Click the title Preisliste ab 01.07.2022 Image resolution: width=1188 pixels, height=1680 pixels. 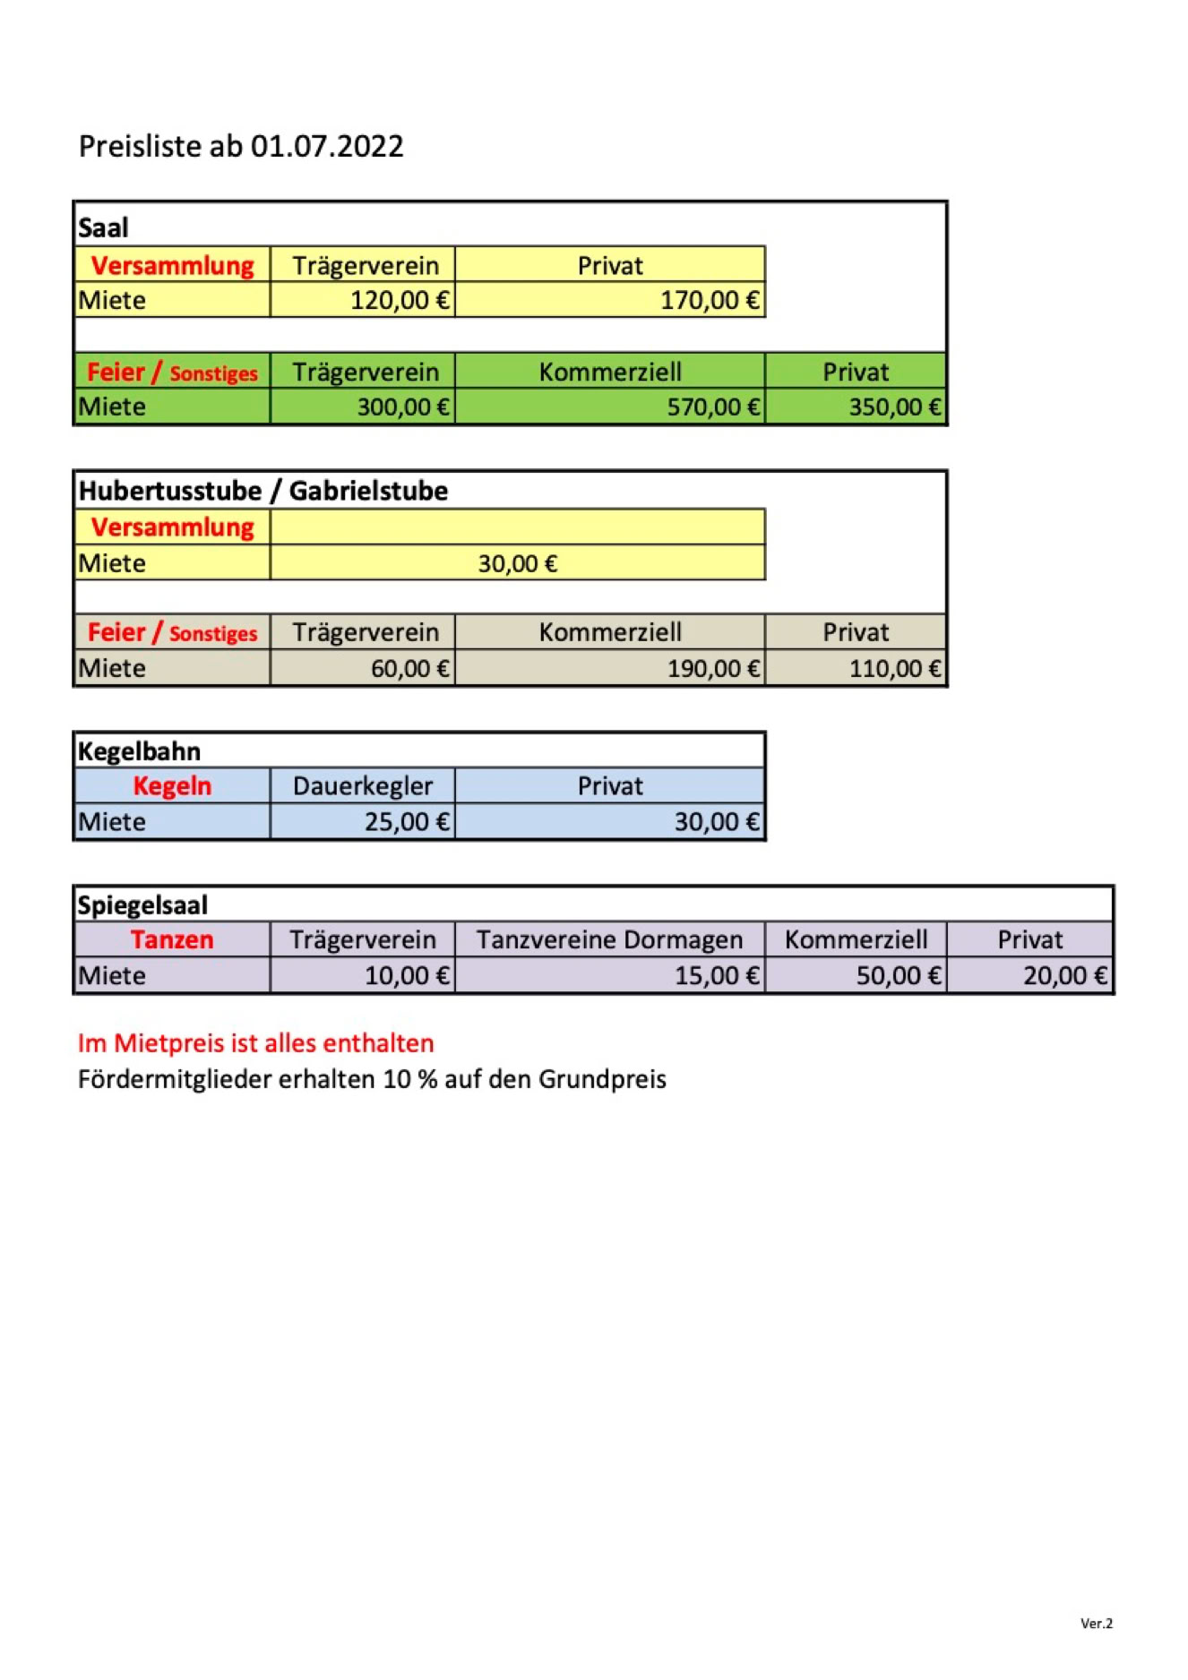pyautogui.click(x=241, y=146)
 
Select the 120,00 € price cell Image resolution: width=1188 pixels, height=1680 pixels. pyautogui.click(x=399, y=300)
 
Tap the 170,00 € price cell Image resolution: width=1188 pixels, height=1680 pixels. pyautogui.click(x=709, y=300)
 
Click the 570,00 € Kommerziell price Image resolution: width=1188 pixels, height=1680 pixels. pyautogui.click(x=712, y=407)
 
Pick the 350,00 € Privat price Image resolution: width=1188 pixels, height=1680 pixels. pyautogui.click(x=894, y=407)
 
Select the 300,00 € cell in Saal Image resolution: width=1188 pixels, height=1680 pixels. pyautogui.click(x=402, y=407)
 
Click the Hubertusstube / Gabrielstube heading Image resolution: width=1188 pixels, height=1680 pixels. pyautogui.click(x=263, y=491)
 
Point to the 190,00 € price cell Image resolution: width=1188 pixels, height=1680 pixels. pyautogui.click(x=712, y=669)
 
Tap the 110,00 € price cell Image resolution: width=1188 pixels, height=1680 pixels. pyautogui.click(x=894, y=669)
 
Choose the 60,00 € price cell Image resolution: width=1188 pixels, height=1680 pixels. pyautogui.click(x=409, y=669)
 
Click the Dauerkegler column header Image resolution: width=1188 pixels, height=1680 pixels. pyautogui.click(x=363, y=786)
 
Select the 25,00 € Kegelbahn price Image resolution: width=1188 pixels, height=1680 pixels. pyautogui.click(x=406, y=822)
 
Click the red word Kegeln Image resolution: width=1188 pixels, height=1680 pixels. pyautogui.click(x=172, y=786)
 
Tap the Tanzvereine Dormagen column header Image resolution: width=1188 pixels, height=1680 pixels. pyautogui.click(x=609, y=940)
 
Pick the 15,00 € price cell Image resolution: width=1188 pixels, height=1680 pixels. pyautogui.click(x=716, y=976)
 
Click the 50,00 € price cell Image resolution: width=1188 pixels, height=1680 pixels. pyautogui.click(x=898, y=976)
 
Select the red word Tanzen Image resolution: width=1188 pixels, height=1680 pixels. pyautogui.click(x=172, y=940)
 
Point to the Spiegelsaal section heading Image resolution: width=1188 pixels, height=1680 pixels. pyautogui.click(x=142, y=905)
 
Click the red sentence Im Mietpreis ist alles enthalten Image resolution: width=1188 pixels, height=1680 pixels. pyautogui.click(x=255, y=1043)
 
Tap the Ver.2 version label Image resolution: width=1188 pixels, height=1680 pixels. pyautogui.click(x=1096, y=1623)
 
